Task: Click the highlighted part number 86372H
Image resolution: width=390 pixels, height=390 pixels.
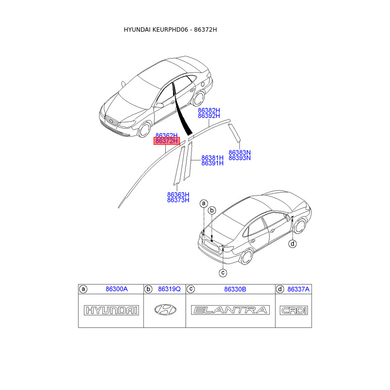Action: [x=167, y=141]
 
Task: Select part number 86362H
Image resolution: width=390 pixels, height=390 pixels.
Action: [x=167, y=135]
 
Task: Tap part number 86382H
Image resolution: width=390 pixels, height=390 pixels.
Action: [x=209, y=111]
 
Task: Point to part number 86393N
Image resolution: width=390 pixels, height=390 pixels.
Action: [x=239, y=158]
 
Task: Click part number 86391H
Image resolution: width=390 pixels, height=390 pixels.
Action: [x=213, y=163]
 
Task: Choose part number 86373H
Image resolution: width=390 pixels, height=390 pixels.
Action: [x=178, y=200]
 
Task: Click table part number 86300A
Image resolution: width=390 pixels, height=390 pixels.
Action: [x=117, y=290]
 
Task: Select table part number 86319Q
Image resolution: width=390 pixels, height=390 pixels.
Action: [x=169, y=290]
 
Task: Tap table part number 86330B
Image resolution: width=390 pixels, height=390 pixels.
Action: [x=235, y=290]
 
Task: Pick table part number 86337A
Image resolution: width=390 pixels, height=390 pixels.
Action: [x=298, y=290]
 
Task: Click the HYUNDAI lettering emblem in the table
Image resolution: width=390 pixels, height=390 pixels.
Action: [x=112, y=310]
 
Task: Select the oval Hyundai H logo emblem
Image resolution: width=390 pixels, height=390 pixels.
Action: [x=166, y=310]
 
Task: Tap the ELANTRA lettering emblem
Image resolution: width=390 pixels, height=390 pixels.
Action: [x=231, y=310]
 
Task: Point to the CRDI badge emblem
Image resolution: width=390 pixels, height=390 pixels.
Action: [x=293, y=310]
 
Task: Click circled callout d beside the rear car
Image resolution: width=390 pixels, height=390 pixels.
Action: [x=292, y=244]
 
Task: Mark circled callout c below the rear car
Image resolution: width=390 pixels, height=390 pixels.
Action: [x=222, y=273]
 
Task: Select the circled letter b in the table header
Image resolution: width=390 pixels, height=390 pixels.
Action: [x=149, y=290]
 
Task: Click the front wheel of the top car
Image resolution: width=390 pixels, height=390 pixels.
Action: [x=145, y=129]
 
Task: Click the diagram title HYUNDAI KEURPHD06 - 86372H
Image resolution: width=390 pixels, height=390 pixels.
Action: [x=170, y=30]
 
